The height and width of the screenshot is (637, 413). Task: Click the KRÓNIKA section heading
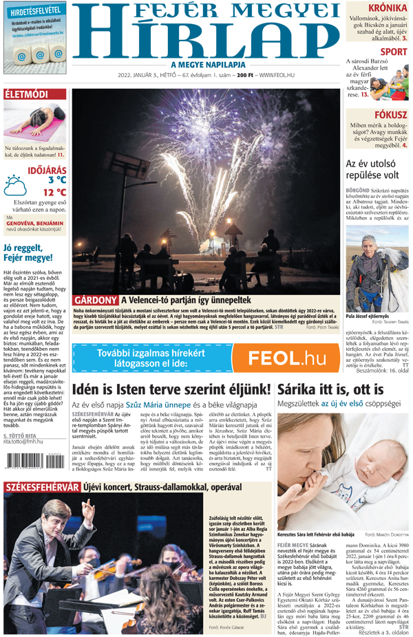pos(387,8)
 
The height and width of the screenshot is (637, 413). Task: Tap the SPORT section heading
pos(393,52)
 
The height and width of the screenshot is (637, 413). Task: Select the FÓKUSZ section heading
pos(390,115)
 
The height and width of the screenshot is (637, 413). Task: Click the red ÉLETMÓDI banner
pos(27,94)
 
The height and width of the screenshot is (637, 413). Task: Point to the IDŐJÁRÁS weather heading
pos(47,170)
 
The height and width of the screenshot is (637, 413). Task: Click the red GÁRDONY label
pos(95,301)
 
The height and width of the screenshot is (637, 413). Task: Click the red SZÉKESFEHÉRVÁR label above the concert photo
pos(43,487)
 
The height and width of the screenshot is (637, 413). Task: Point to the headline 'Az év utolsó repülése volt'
pos(377,169)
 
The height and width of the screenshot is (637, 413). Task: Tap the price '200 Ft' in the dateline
pos(246,75)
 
